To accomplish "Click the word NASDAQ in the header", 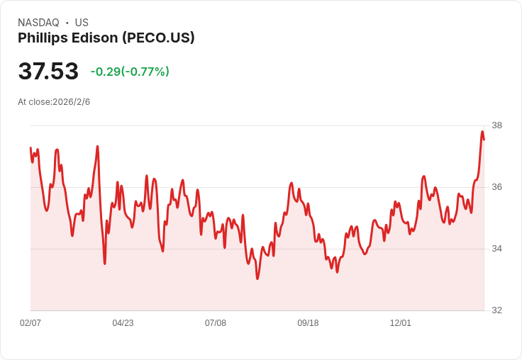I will click(x=38, y=23).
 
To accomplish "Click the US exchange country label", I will click(x=82, y=23).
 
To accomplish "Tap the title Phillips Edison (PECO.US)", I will click(x=106, y=38).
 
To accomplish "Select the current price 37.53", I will click(x=48, y=72).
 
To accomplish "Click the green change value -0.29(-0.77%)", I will click(x=130, y=72).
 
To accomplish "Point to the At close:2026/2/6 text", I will click(x=54, y=102).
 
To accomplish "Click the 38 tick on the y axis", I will click(x=496, y=125).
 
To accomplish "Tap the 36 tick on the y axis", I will click(x=496, y=187).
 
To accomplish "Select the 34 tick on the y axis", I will click(x=496, y=249).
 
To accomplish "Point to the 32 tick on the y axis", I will click(x=496, y=310).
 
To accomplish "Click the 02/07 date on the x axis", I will click(x=30, y=323).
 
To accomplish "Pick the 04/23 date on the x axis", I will click(x=123, y=323).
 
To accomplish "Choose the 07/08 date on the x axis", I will click(x=216, y=323).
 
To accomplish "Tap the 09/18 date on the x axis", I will click(x=308, y=323).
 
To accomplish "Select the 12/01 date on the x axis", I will click(x=401, y=323).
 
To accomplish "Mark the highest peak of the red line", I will click(x=482, y=131).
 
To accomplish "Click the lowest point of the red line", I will click(x=257, y=279).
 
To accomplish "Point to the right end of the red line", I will click(x=484, y=139).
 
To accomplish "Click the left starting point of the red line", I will click(x=30, y=147).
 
